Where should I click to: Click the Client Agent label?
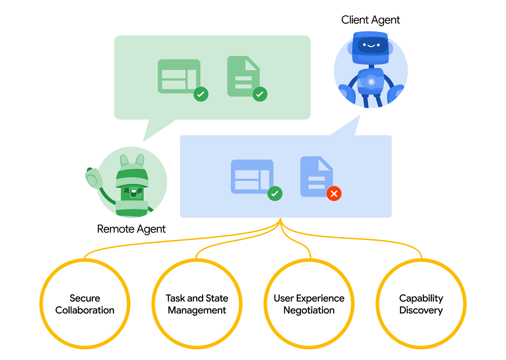pos(370,20)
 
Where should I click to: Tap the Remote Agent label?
pos(131,229)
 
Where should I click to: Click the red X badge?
pos(334,193)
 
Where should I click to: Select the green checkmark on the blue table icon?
pos(275,193)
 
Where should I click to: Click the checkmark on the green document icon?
pos(260,94)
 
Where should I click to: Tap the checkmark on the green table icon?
pos(201,94)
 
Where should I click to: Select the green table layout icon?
pos(178,76)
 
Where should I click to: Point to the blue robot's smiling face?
pos(371,46)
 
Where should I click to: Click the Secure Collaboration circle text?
pos(85,304)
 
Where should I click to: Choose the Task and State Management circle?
pos(197,304)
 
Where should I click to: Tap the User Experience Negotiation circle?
pos(309,304)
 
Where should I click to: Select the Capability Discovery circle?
pos(421,304)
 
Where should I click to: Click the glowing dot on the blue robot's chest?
pos(371,82)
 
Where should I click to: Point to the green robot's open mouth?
pos(133,193)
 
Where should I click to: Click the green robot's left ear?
pos(124,160)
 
